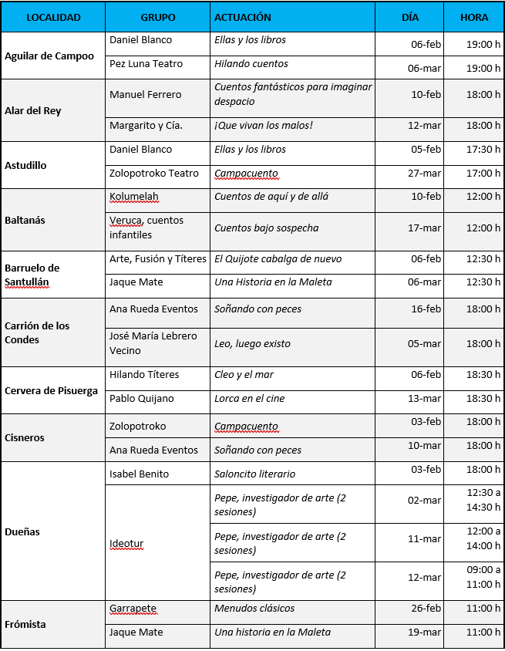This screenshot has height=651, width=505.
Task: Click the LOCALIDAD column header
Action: (x=53, y=17)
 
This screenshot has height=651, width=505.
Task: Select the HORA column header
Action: (x=473, y=17)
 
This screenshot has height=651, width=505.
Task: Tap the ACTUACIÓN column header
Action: (x=243, y=17)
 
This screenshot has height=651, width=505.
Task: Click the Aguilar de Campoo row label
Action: (x=49, y=56)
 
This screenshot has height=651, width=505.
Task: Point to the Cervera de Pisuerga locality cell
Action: (x=52, y=390)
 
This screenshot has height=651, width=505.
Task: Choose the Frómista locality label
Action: (x=25, y=624)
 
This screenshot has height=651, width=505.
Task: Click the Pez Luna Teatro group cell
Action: (x=145, y=64)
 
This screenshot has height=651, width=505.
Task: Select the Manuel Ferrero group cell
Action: (x=146, y=95)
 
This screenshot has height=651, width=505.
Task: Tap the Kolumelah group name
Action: (x=134, y=197)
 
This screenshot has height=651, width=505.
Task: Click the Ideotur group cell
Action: (x=126, y=544)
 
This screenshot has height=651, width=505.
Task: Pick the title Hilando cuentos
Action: (x=251, y=64)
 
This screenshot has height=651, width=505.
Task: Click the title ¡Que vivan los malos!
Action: (x=263, y=126)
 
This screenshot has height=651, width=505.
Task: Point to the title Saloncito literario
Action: (x=254, y=474)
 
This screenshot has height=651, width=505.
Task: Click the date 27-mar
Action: (x=425, y=174)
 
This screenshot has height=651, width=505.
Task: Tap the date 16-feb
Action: (x=426, y=310)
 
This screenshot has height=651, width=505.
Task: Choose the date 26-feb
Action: (x=426, y=609)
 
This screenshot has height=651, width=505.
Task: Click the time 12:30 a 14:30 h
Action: (x=483, y=500)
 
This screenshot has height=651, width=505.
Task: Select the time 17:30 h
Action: (x=483, y=150)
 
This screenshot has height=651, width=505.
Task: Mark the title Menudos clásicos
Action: (x=254, y=609)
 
